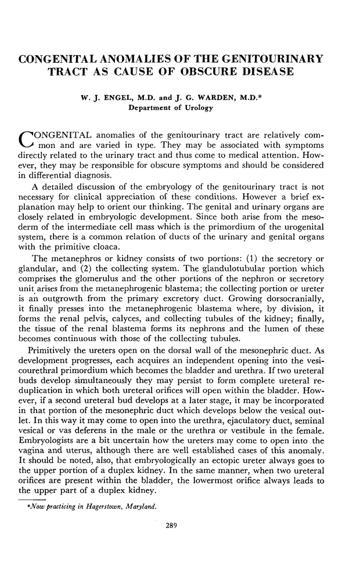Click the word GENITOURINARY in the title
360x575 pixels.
(268, 59)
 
